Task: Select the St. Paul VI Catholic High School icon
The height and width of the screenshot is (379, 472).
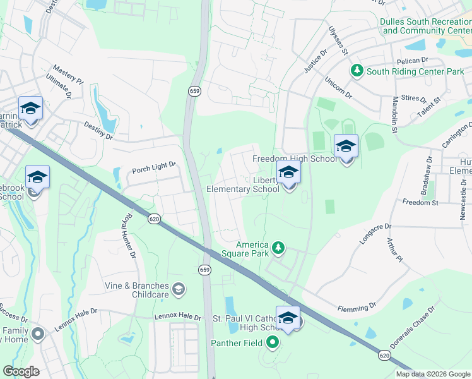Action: [288, 319]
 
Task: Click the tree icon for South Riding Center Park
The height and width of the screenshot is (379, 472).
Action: [358, 71]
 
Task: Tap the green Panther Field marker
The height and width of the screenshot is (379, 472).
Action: [273, 343]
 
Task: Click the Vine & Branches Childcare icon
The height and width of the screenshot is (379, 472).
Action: [179, 289]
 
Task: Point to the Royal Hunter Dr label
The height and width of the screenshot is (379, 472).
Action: [128, 236]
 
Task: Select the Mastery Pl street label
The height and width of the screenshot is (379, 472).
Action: [68, 73]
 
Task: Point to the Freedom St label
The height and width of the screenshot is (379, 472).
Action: [420, 203]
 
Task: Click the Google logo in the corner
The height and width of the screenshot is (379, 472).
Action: [21, 371]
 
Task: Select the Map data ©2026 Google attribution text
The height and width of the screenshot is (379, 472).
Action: [433, 374]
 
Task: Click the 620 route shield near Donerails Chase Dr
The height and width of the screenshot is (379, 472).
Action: [384, 356]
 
